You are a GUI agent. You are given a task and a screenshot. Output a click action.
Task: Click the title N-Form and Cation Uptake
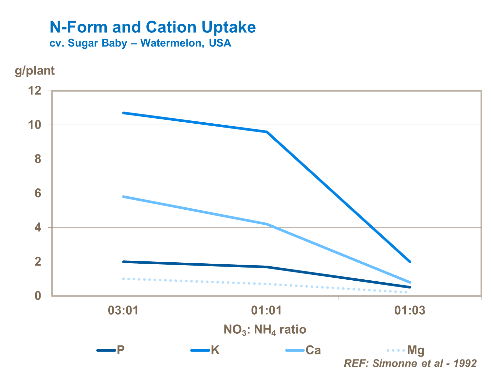pos(153,27)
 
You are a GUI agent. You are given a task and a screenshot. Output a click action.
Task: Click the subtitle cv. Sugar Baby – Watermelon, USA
pos(140,43)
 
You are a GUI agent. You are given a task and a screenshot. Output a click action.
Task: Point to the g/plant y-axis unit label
pos(35,71)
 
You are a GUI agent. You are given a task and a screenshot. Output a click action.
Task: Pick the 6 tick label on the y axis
pos(38,193)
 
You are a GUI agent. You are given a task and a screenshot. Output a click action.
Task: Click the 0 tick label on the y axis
pos(38,296)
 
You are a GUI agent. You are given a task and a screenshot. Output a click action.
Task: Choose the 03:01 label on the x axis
pos(123,310)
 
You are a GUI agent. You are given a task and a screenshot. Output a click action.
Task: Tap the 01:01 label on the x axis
pos(266,310)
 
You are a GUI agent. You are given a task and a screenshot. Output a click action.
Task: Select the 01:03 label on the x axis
pos(409,310)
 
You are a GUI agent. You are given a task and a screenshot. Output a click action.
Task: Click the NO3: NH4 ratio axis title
pos(265,329)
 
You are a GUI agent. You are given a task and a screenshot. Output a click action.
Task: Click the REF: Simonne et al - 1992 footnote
pos(410,363)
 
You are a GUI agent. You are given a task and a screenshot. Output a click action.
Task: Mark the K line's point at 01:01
pos(267,132)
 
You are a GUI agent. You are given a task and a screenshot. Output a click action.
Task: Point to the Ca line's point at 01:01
pos(267,224)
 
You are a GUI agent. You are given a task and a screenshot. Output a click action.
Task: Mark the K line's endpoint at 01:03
pos(410,262)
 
